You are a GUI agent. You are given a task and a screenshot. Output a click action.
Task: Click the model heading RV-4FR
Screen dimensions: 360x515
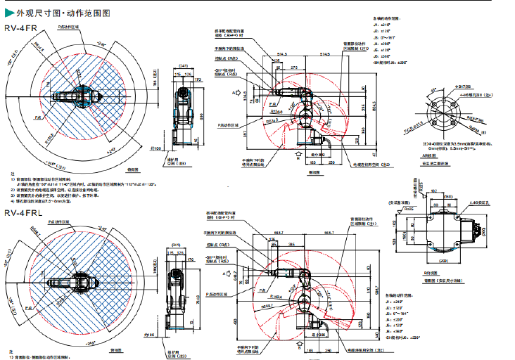19,29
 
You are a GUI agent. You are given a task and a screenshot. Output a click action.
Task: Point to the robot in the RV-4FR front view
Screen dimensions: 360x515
184,112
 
